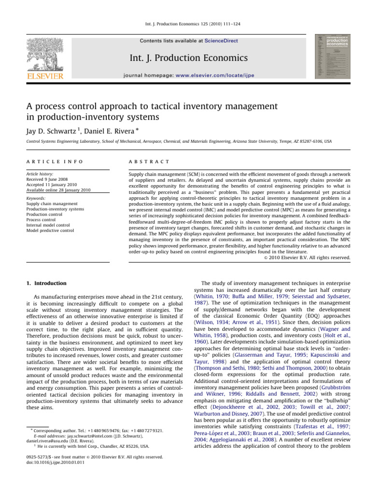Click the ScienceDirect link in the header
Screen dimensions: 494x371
(221, 41)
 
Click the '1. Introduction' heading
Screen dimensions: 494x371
(43, 283)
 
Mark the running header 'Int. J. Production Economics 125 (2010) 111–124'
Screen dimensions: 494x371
(185, 24)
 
